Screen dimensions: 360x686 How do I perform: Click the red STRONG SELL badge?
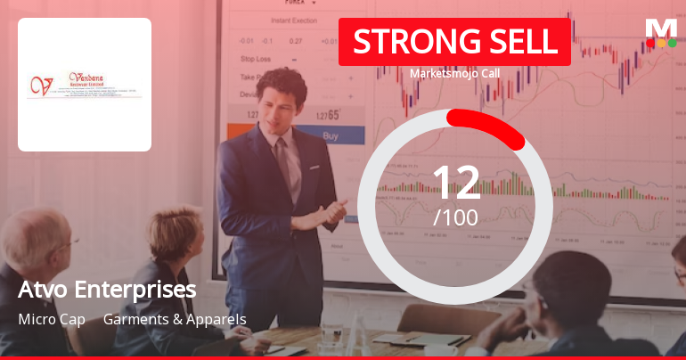point(453,41)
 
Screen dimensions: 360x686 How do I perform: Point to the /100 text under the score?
point(455,217)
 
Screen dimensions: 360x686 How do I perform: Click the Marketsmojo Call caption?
point(454,74)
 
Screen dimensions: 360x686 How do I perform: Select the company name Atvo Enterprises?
point(107,290)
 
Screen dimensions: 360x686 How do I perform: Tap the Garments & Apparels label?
point(175,319)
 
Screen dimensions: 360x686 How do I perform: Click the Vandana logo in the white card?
point(85,85)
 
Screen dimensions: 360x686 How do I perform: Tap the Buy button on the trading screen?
point(331,136)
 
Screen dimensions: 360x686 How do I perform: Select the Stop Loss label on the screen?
point(256,59)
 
